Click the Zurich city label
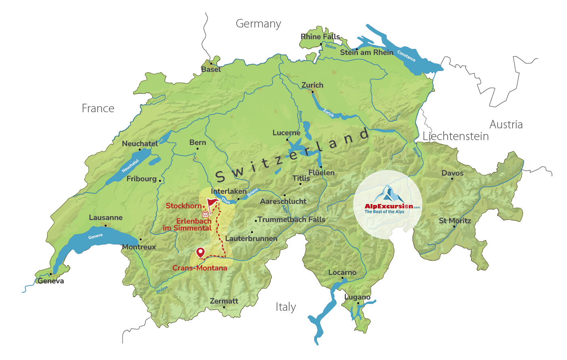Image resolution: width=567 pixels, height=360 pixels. [312, 85]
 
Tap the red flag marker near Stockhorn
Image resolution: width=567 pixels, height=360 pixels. [212, 203]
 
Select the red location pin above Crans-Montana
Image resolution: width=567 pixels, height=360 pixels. [200, 253]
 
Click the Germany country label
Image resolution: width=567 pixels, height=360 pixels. [258, 24]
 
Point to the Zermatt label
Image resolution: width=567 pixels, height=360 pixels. [224, 301]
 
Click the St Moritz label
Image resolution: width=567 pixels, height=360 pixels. [455, 221]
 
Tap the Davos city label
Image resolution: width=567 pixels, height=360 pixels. [452, 173]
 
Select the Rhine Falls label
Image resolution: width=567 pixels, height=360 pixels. [320, 37]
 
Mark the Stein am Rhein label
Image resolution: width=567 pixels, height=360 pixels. [367, 52]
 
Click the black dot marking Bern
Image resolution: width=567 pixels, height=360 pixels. [197, 149]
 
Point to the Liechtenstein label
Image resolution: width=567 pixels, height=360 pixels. [456, 136]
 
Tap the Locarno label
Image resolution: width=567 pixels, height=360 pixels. [342, 272]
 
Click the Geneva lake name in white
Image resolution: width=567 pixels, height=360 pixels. [96, 236]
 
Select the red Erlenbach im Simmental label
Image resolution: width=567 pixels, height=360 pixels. [188, 224]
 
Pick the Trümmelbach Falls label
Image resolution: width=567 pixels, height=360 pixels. [291, 220]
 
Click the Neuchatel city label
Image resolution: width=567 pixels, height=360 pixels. [140, 144]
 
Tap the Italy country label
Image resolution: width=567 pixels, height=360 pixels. [286, 307]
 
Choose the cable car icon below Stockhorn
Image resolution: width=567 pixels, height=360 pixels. [205, 214]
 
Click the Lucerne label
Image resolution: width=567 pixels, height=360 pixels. [286, 133]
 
